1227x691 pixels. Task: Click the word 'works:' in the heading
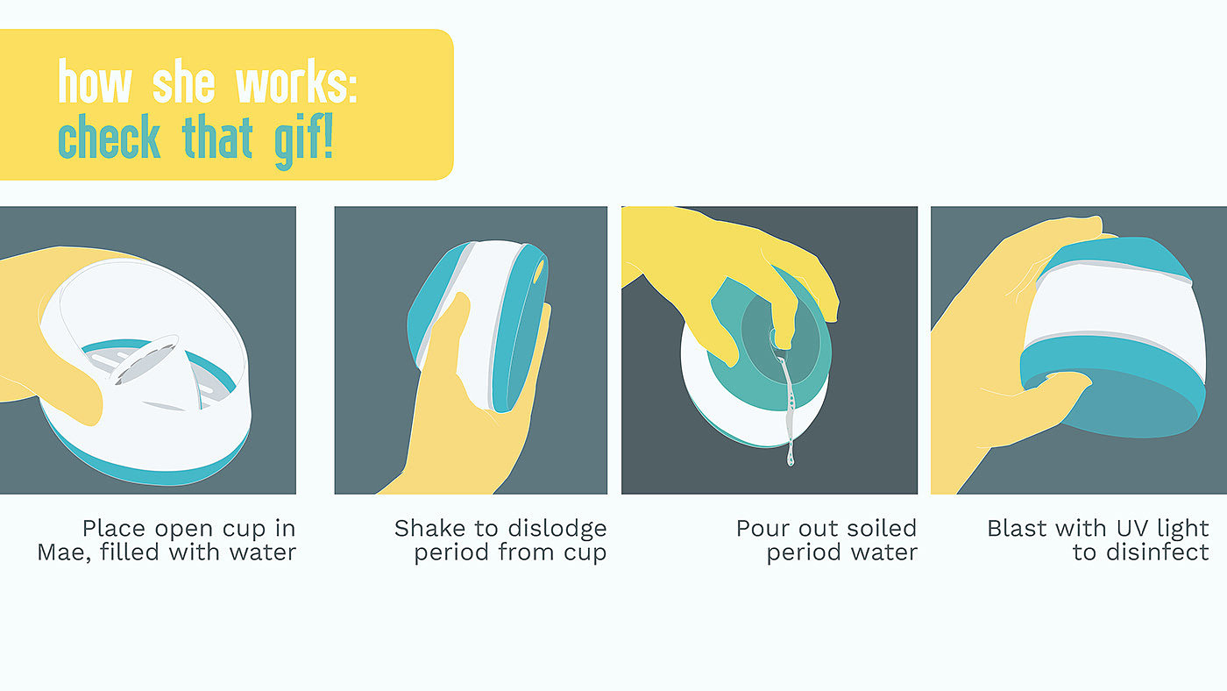[x=296, y=81]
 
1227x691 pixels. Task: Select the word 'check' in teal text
[x=109, y=136]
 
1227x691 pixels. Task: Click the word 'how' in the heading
[x=95, y=81]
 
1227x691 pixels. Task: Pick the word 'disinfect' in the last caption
[x=1157, y=552]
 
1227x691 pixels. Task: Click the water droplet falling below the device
[x=791, y=457]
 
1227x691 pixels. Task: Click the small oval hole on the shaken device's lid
[x=538, y=272]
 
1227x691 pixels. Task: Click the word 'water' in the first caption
[x=263, y=552]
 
